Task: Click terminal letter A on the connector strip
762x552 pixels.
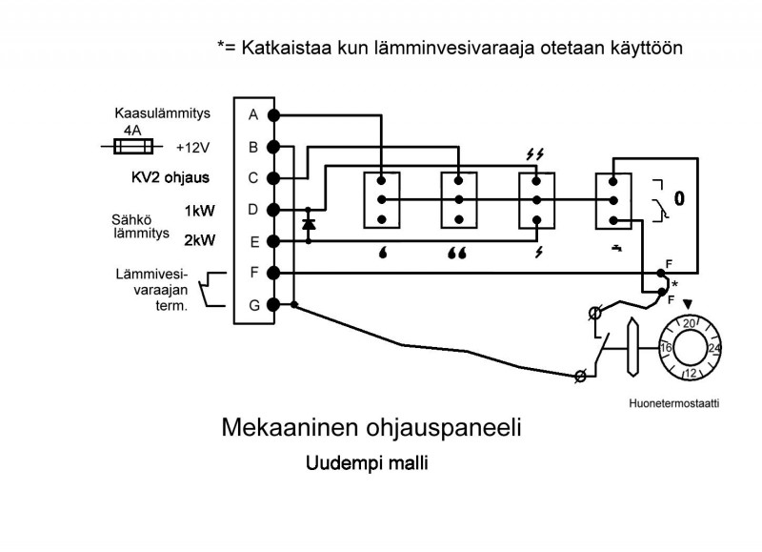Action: click(x=253, y=115)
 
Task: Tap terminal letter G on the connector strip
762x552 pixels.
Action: click(x=253, y=305)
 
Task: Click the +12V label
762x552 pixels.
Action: click(x=193, y=148)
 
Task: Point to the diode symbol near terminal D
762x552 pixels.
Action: click(x=308, y=225)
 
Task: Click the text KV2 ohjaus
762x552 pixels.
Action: click(x=170, y=177)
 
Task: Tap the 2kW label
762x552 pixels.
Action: click(x=198, y=240)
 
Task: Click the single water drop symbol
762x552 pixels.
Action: click(x=381, y=256)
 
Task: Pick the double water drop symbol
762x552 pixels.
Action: click(x=458, y=256)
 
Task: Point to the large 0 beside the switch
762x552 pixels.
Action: click(x=678, y=199)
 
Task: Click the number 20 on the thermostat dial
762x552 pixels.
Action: click(x=691, y=324)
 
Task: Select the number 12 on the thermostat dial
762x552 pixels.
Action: click(x=691, y=372)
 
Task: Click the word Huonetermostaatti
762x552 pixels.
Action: click(x=673, y=403)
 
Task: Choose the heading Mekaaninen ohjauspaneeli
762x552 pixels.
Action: click(x=371, y=427)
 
